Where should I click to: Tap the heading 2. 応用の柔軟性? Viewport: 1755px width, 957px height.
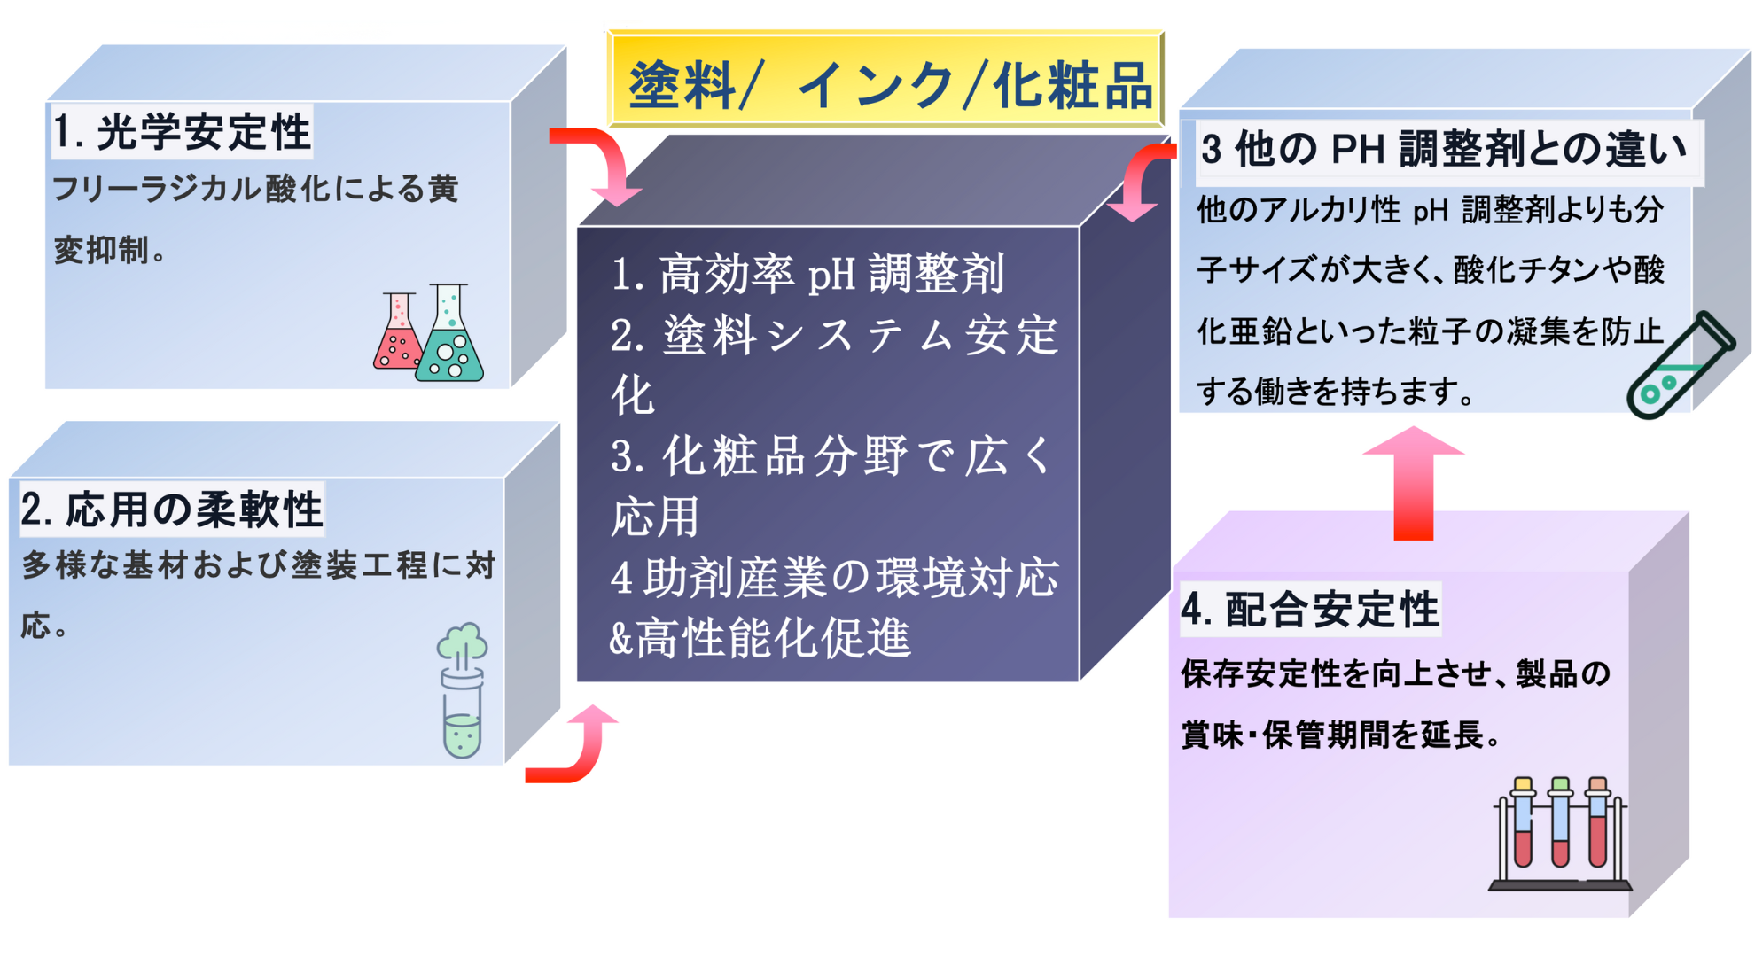pos(172,510)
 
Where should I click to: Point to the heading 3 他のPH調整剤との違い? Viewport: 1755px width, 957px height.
pos(1443,149)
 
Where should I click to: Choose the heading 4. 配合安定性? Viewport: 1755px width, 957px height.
pos(1310,610)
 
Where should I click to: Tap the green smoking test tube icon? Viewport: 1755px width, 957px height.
pos(462,689)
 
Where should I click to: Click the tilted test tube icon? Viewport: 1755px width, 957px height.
pos(1680,365)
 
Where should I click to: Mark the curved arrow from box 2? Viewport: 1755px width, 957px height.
pos(576,749)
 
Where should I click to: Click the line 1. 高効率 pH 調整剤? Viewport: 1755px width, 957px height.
pos(807,274)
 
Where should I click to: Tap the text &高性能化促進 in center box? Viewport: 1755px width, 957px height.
pos(760,638)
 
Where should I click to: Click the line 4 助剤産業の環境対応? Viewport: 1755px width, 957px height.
pos(834,578)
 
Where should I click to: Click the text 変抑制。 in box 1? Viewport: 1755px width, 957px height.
pos(110,251)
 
